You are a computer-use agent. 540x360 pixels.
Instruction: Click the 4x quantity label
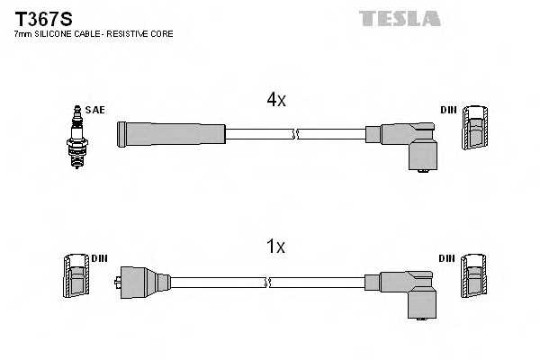coord(275,101)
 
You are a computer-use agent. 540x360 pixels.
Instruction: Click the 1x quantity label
coord(275,246)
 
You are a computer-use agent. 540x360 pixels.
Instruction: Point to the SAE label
coord(96,110)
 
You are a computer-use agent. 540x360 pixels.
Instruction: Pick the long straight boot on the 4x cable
coord(170,134)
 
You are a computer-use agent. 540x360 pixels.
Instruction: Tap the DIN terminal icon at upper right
coord(475,128)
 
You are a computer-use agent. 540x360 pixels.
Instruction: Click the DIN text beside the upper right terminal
coord(448,110)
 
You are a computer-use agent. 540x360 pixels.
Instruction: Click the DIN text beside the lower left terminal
coord(99,258)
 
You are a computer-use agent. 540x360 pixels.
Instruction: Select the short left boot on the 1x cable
coord(143,283)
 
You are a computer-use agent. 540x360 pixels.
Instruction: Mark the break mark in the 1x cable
coord(267,283)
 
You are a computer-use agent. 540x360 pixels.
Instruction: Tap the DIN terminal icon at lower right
coord(473,277)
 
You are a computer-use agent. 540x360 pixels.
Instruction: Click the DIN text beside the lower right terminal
coord(446,258)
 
